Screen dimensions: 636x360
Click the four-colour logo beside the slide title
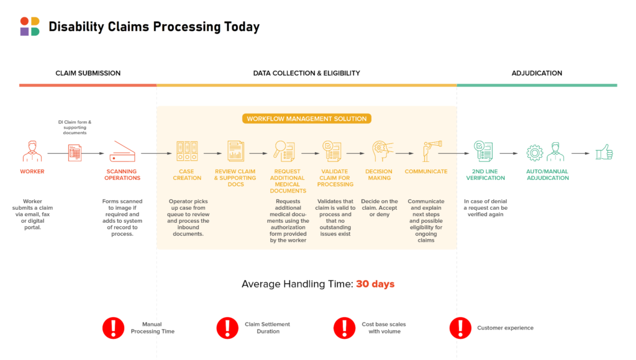pyautogui.click(x=30, y=26)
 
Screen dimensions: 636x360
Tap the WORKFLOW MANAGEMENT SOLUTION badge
pyautogui.click(x=307, y=119)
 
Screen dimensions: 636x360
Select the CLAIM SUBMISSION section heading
pyautogui.click(x=88, y=73)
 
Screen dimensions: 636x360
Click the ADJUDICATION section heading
pyautogui.click(x=537, y=73)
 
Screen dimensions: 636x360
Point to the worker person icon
pyautogui.click(x=32, y=151)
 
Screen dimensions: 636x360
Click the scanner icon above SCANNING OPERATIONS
pyautogui.click(x=122, y=151)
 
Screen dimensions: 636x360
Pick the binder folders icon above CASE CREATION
pyautogui.click(x=187, y=151)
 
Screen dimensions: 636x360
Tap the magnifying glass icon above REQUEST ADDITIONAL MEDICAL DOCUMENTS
pyautogui.click(x=284, y=151)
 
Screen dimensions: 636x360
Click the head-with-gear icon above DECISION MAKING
pyautogui.click(x=382, y=151)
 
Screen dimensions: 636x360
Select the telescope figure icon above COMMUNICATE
pyautogui.click(x=432, y=151)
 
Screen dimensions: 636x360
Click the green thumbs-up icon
pyautogui.click(x=604, y=153)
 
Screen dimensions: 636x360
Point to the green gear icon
pyautogui.click(x=535, y=153)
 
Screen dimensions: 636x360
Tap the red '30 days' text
pyautogui.click(x=375, y=284)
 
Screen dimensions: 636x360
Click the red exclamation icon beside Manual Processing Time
pyautogui.click(x=114, y=328)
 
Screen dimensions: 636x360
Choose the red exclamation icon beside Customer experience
pyautogui.click(x=460, y=328)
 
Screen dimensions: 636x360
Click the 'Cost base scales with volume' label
pyautogui.click(x=384, y=328)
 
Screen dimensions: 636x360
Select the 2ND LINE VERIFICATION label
pyautogui.click(x=485, y=175)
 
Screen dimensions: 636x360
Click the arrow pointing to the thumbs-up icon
pyautogui.click(x=581, y=153)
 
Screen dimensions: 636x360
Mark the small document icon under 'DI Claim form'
pyautogui.click(x=75, y=153)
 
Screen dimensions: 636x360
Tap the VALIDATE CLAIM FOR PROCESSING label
pyautogui.click(x=335, y=178)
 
